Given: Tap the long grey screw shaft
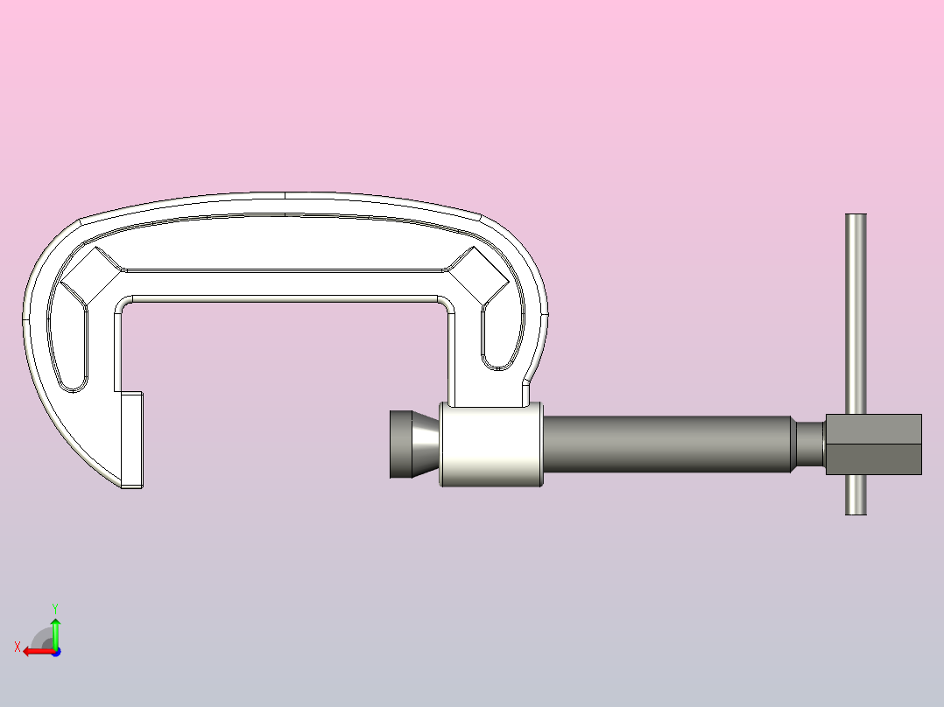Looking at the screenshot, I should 666,444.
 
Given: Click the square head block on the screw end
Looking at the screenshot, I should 873,444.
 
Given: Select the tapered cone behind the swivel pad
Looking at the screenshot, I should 426,444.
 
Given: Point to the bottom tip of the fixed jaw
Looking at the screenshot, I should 131,484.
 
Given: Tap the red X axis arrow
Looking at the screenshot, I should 35,651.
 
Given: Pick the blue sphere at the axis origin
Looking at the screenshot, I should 55,652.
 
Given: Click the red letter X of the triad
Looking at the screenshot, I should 18,647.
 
